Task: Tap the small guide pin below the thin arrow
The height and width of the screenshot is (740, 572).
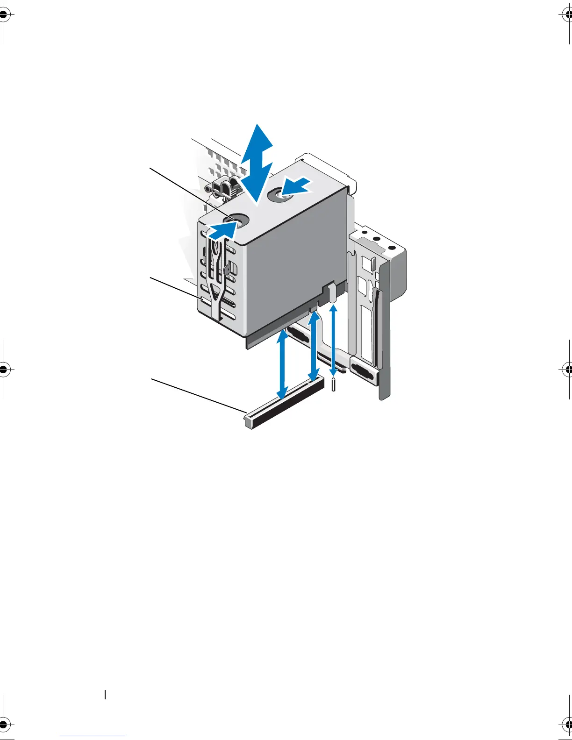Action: [333, 385]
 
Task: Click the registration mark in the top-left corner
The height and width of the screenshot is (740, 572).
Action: [4, 15]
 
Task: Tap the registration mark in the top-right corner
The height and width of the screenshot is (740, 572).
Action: [567, 15]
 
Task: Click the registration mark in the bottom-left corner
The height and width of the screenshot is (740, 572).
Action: [4, 725]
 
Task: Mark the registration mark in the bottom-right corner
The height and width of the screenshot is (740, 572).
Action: [567, 725]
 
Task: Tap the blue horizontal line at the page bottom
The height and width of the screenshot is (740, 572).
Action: [93, 736]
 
